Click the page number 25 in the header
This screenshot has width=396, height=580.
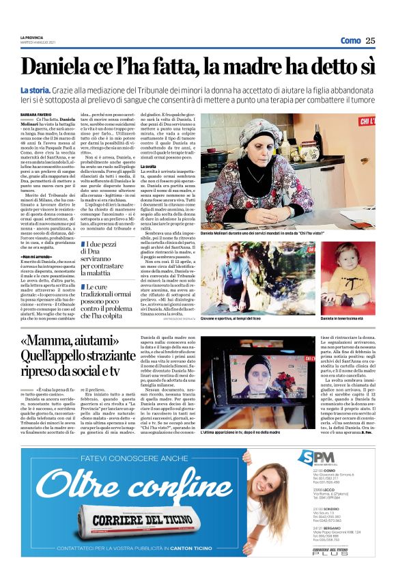(370, 40)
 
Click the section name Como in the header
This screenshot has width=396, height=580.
(350, 40)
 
